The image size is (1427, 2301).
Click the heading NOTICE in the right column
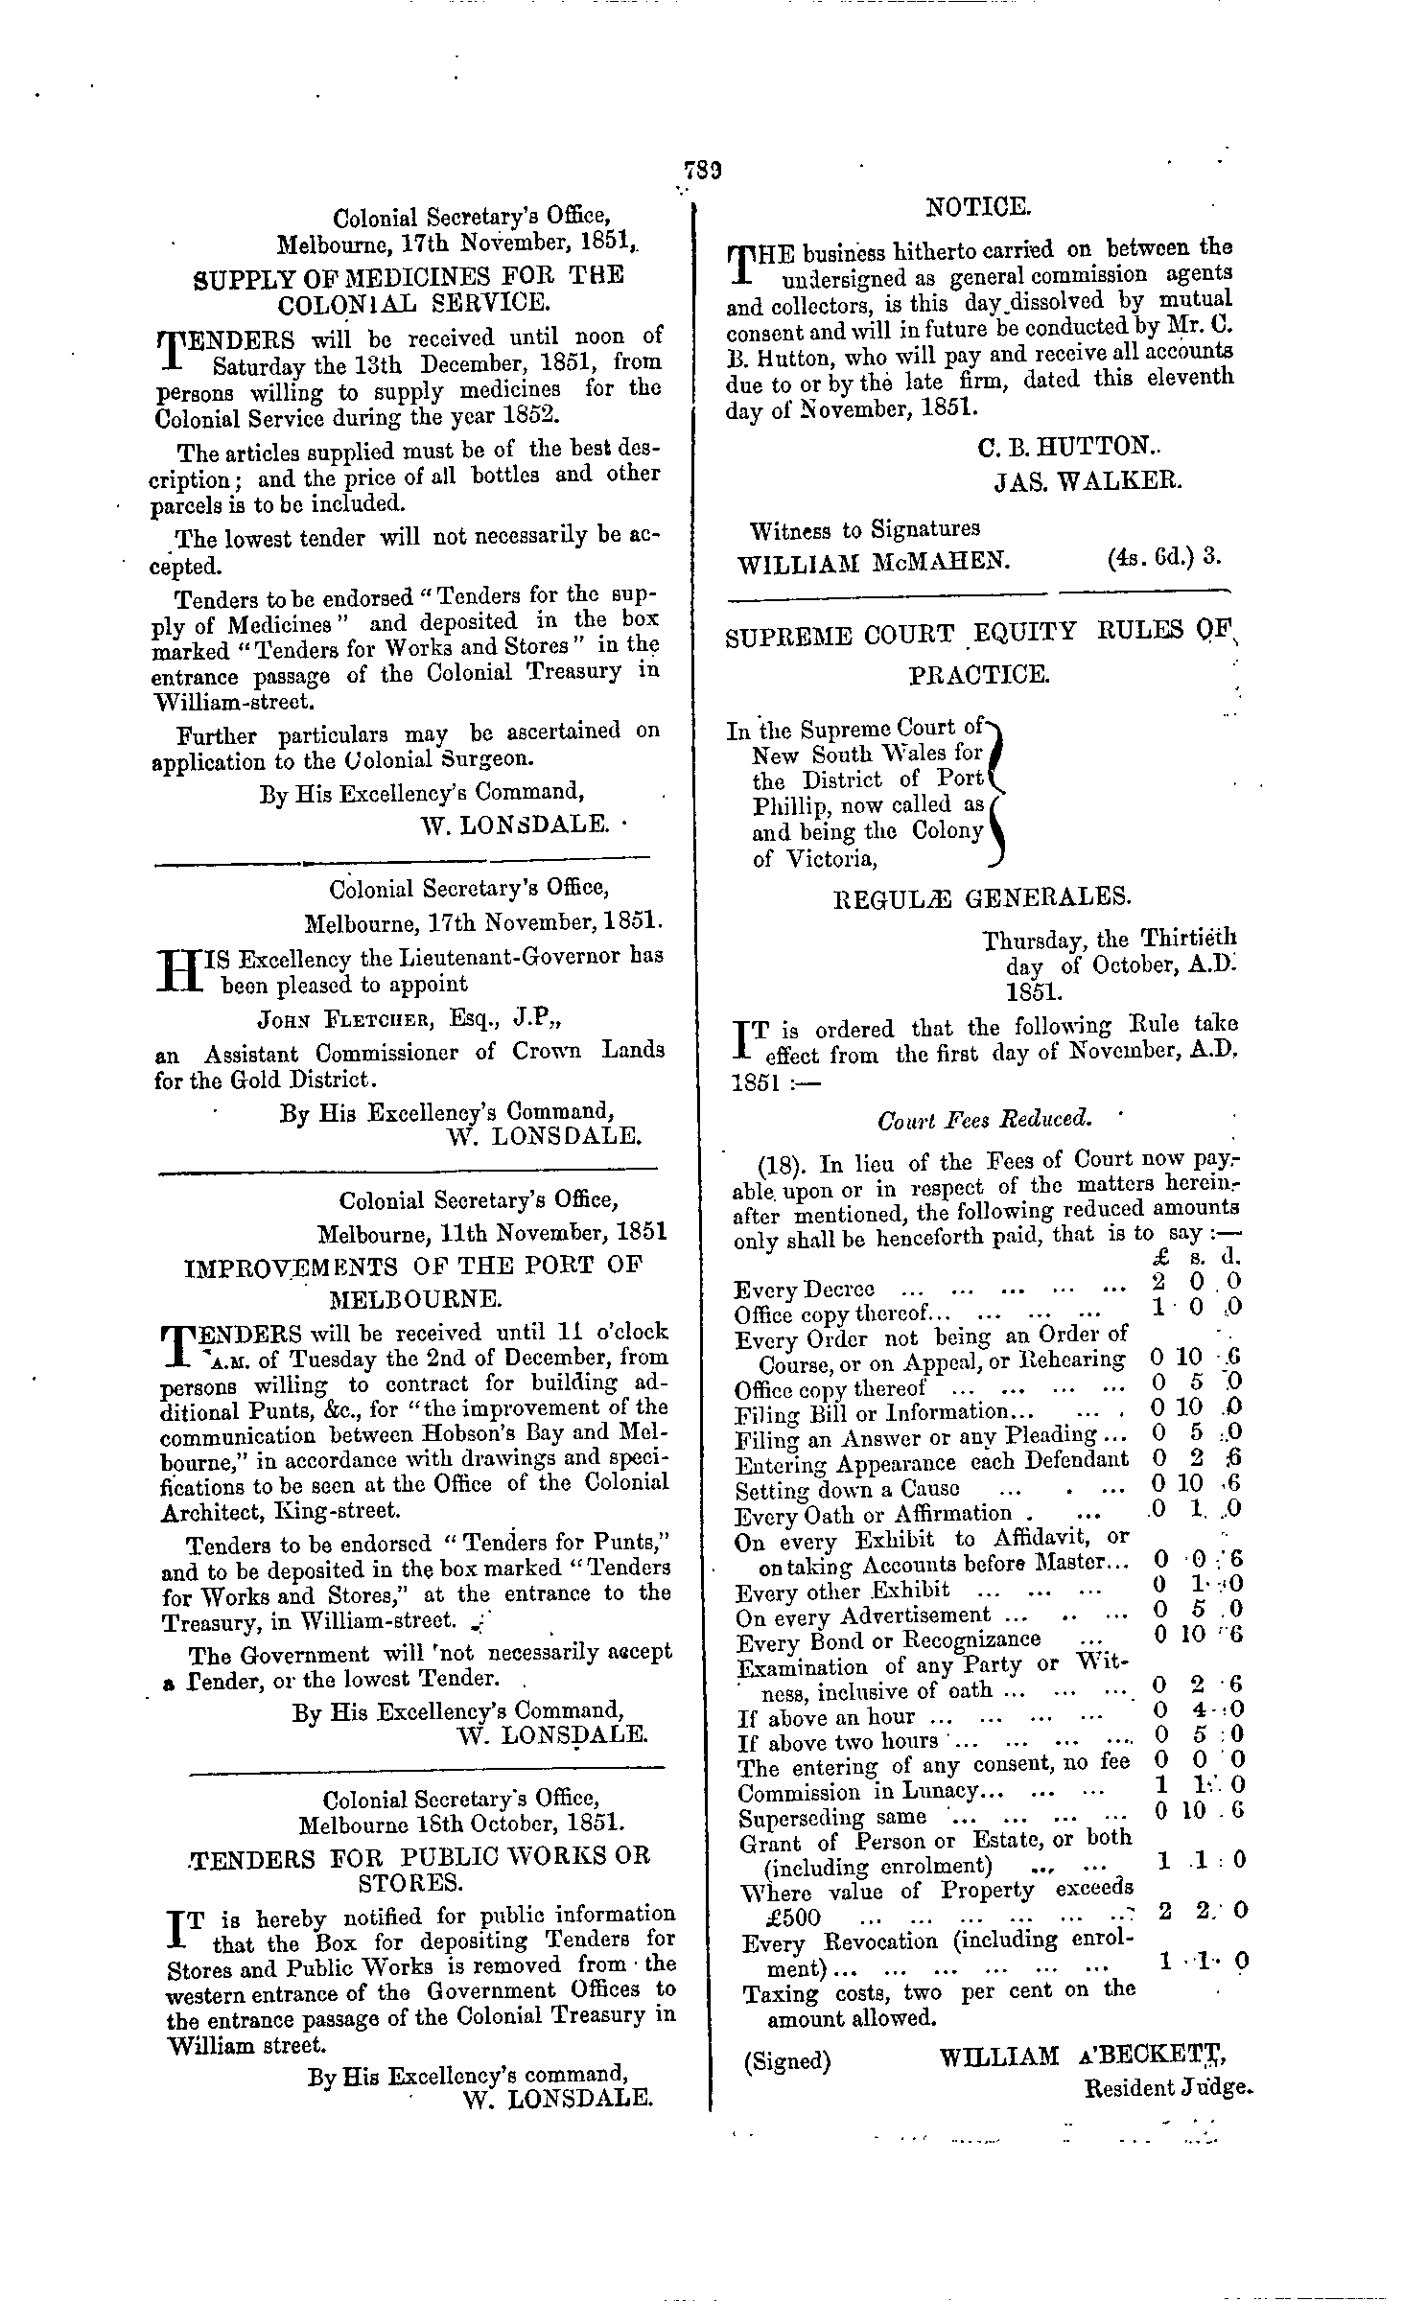click(978, 206)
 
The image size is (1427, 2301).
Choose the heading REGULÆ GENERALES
click(978, 898)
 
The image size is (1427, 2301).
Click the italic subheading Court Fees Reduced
click(985, 1119)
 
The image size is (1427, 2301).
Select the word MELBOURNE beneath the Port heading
click(413, 1300)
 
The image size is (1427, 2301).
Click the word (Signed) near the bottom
click(786, 2058)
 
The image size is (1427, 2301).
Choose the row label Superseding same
click(832, 1817)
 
